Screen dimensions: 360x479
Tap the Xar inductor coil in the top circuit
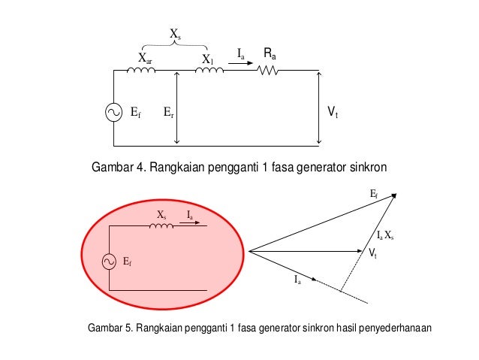click(x=141, y=71)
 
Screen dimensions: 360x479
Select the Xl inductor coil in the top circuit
click(x=209, y=71)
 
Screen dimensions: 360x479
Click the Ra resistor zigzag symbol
click(x=268, y=71)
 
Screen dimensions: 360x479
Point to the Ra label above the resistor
click(x=270, y=53)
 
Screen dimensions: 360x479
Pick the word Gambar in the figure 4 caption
click(x=111, y=166)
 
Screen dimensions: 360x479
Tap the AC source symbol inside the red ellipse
click(x=110, y=261)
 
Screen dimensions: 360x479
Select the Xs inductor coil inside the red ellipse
click(x=161, y=225)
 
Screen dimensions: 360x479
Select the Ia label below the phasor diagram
click(x=297, y=280)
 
